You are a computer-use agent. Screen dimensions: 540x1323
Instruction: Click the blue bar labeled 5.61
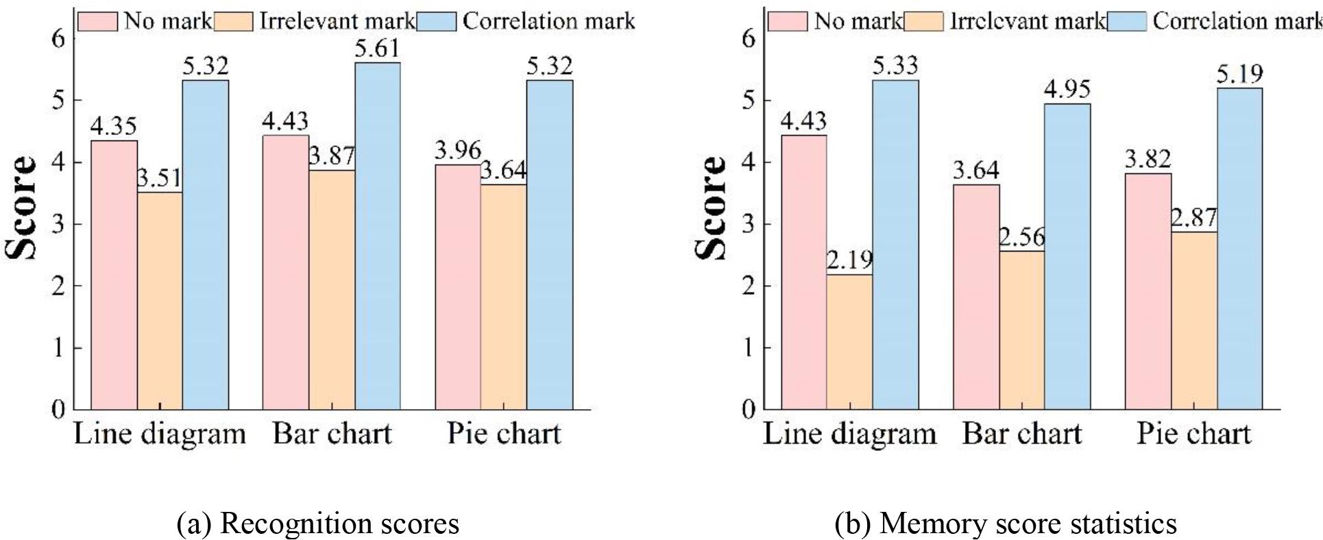point(378,236)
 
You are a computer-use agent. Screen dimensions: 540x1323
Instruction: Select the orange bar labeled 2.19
point(849,343)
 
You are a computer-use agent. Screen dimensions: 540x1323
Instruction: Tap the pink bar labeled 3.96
point(458,287)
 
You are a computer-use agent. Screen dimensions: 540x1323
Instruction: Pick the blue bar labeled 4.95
point(1067,257)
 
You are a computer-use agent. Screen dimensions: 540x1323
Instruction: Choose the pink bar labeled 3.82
point(1148,291)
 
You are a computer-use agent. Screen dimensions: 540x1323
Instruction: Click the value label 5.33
point(895,66)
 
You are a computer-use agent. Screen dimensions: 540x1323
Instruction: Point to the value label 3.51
point(160,179)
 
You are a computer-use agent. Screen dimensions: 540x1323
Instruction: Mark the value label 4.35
point(114,126)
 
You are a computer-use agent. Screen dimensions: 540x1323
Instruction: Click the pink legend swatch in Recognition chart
point(98,22)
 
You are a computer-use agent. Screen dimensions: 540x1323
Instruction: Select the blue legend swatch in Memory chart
point(1128,22)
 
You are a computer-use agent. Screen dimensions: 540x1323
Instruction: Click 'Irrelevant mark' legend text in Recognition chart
point(337,21)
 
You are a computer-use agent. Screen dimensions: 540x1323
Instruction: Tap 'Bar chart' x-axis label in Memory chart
point(1021,434)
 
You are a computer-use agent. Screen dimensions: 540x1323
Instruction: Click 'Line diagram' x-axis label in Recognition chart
point(160,434)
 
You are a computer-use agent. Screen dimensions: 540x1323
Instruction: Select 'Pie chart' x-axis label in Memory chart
point(1193,434)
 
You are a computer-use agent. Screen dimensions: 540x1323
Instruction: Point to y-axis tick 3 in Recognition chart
point(59,224)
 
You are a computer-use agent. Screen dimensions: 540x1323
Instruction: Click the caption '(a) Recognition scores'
point(318,524)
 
